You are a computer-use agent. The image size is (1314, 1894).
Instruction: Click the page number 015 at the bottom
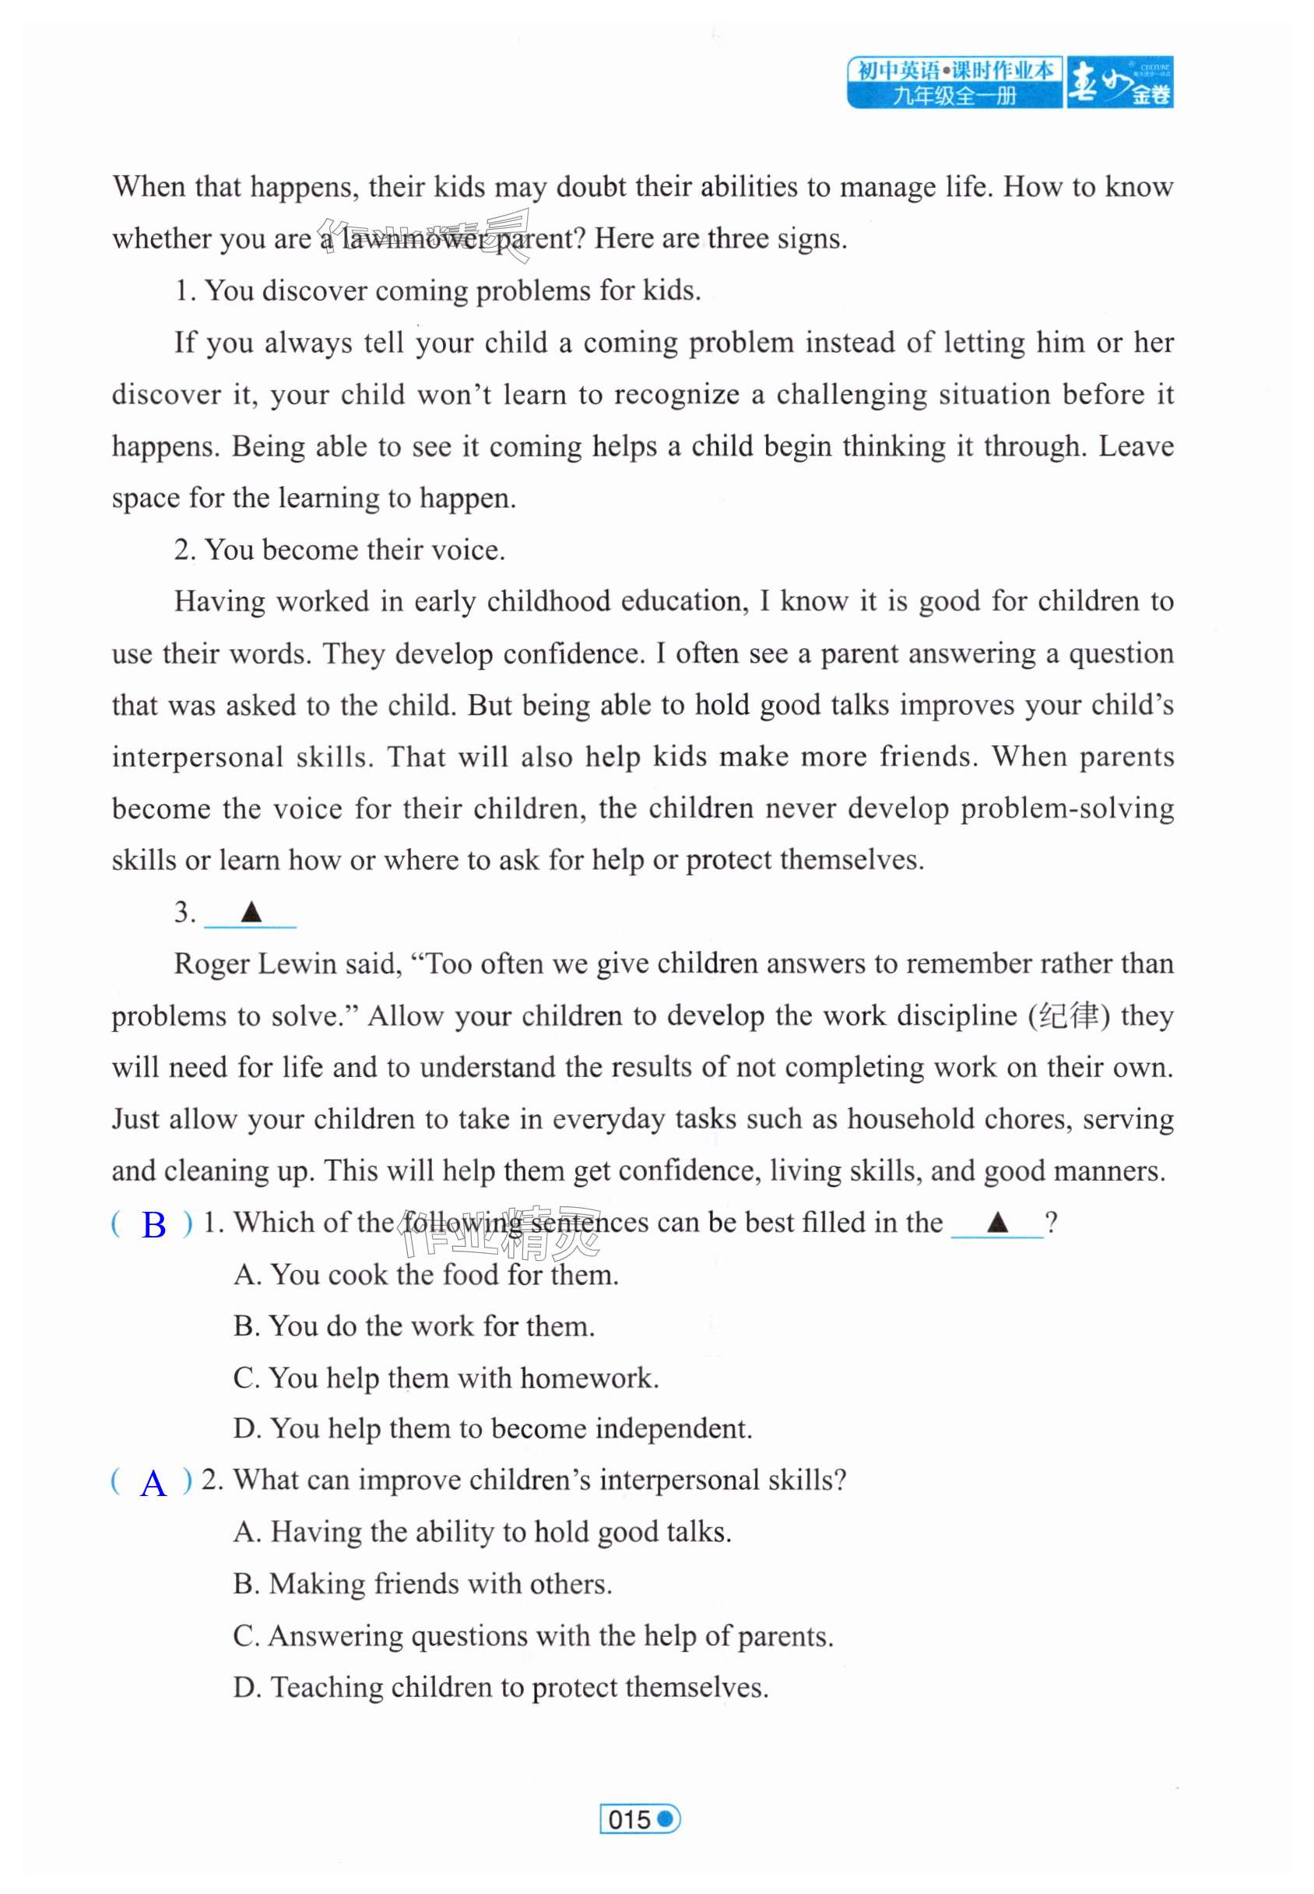pyautogui.click(x=630, y=1818)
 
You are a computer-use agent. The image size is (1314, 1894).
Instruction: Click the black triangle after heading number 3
pyautogui.click(x=251, y=913)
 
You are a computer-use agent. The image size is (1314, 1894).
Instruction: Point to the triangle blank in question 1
pyautogui.click(x=997, y=1222)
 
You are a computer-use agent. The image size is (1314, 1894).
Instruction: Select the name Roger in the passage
pyautogui.click(x=212, y=964)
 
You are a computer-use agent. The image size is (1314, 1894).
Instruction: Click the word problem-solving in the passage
pyautogui.click(x=1067, y=808)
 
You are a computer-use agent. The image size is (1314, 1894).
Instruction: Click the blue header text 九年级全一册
pyautogui.click(x=954, y=96)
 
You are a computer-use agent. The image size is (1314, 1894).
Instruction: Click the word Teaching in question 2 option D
pyautogui.click(x=327, y=1688)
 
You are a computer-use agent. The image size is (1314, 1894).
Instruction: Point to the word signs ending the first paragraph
pyautogui.click(x=813, y=239)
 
